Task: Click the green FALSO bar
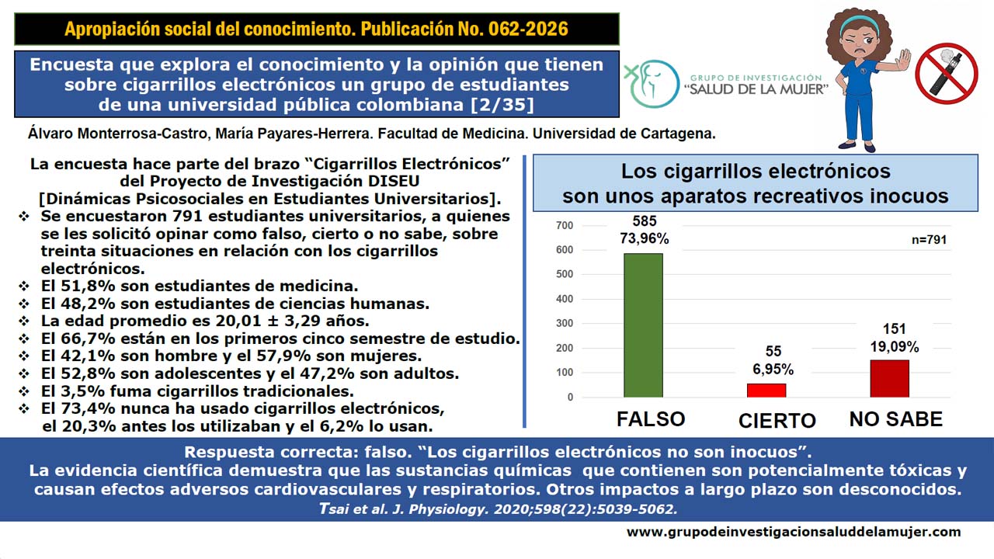(643, 325)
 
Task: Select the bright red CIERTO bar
(766, 391)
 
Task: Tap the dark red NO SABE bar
(889, 378)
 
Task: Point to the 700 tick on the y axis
(565, 225)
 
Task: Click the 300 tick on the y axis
(565, 324)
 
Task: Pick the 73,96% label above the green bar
(645, 238)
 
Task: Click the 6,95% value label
(773, 369)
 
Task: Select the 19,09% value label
(894, 346)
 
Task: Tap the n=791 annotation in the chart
(930, 240)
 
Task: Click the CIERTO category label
(777, 421)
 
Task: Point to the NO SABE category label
(896, 419)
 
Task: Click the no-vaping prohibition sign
(947, 74)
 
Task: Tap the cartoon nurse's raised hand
(902, 61)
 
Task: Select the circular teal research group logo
(652, 84)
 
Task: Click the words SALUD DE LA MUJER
(756, 89)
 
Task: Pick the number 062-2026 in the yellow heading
(528, 29)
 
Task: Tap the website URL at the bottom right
(794, 532)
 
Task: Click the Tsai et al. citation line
(498, 509)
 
